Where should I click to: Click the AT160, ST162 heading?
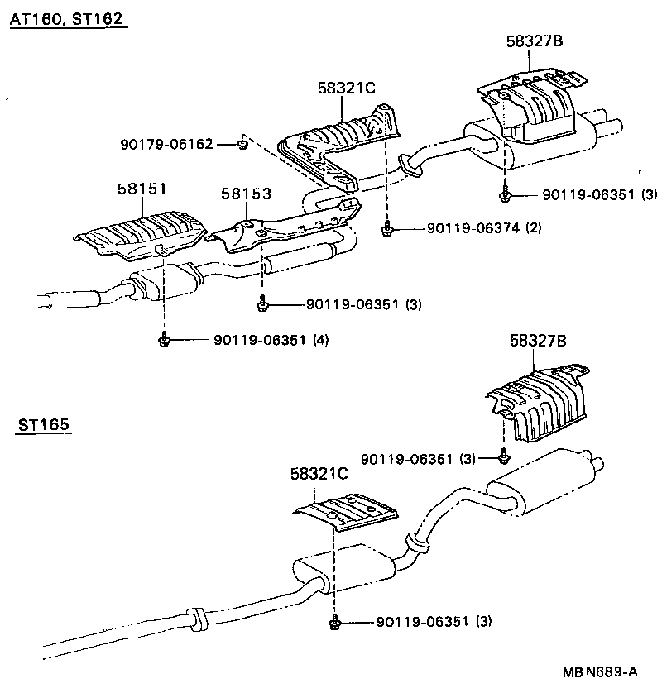[68, 20]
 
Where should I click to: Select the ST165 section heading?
[43, 426]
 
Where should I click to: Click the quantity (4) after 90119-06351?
[320, 339]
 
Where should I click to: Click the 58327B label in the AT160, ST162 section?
[535, 43]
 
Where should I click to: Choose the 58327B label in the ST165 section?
[538, 340]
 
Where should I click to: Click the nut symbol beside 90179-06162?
[240, 145]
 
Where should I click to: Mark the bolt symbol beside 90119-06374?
[386, 228]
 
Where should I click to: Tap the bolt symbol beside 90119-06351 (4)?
[164, 339]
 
